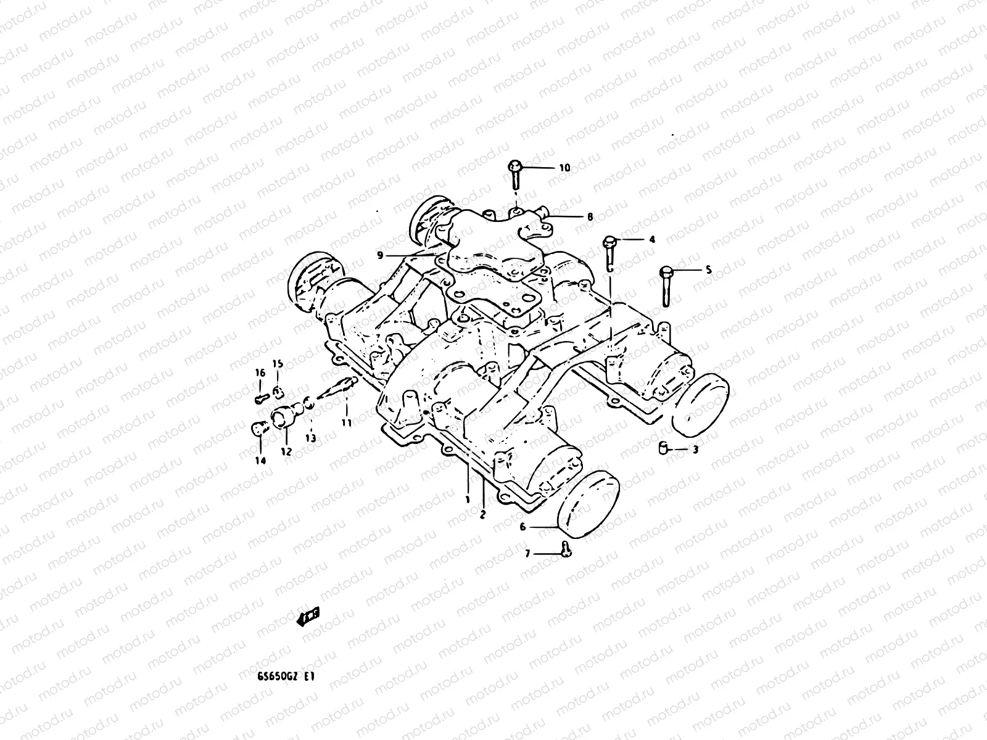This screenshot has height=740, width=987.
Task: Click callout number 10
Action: click(564, 168)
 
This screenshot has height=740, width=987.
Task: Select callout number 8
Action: click(590, 217)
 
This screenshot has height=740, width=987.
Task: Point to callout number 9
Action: click(380, 255)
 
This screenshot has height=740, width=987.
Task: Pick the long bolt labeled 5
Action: click(666, 285)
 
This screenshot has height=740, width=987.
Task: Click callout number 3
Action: click(695, 450)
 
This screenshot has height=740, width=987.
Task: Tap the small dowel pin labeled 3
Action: click(662, 448)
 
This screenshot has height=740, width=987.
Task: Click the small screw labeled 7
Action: click(567, 548)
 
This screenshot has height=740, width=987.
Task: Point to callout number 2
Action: click(483, 513)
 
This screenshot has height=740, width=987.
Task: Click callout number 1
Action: click(468, 497)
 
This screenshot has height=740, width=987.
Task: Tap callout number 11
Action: click(346, 423)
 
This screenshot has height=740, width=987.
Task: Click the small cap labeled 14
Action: click(260, 427)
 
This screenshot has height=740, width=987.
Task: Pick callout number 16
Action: click(260, 373)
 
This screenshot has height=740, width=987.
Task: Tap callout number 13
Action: click(310, 438)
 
